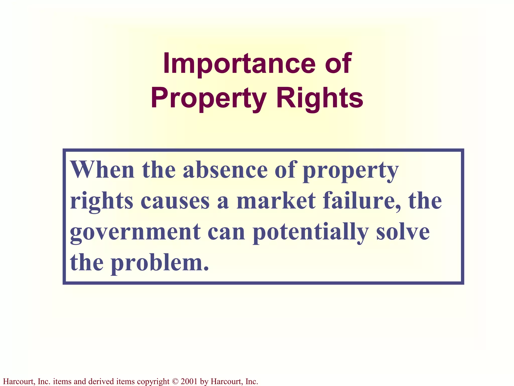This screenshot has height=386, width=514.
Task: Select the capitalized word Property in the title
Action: click(208, 99)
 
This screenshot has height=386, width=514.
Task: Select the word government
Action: click(135, 233)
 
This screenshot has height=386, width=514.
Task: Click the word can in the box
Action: click(226, 233)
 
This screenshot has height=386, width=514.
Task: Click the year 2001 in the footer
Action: click(189, 381)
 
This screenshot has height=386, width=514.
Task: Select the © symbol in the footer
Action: click(175, 381)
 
